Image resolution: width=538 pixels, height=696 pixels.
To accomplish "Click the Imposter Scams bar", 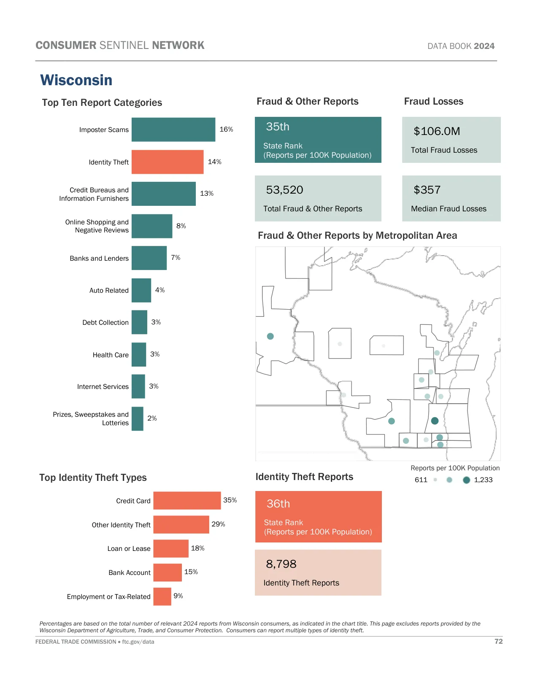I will click(x=173, y=129).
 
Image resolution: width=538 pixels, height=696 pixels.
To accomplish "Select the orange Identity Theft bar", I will click(x=167, y=162).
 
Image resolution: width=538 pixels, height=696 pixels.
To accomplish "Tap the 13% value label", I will click(x=207, y=194).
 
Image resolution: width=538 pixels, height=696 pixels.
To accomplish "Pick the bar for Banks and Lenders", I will click(x=149, y=258).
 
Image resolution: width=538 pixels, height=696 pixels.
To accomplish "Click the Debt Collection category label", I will click(x=105, y=323).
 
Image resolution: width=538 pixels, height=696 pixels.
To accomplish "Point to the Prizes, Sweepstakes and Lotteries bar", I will click(x=137, y=418).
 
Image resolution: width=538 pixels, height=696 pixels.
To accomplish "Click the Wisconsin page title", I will click(x=76, y=80).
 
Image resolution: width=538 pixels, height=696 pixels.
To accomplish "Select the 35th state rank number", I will click(x=278, y=127).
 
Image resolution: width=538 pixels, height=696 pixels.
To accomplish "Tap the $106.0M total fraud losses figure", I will click(x=437, y=131).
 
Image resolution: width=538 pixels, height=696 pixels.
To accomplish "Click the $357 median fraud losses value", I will click(x=427, y=190).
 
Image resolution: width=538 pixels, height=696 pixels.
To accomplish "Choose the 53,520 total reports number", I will click(x=284, y=190).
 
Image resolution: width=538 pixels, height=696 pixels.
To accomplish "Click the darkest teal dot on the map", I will click(x=435, y=421).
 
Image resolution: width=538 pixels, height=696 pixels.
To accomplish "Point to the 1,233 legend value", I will click(x=483, y=480).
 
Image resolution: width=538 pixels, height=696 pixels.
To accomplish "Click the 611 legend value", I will click(x=421, y=480).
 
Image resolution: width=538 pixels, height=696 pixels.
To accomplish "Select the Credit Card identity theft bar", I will click(x=187, y=501).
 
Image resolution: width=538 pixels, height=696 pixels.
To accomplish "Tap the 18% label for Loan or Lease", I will click(x=197, y=548).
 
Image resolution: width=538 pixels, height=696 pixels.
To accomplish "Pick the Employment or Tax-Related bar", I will click(x=162, y=596).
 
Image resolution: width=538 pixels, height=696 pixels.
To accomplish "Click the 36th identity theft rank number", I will click(x=278, y=504).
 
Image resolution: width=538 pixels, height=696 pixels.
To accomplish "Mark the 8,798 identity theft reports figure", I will click(x=281, y=564).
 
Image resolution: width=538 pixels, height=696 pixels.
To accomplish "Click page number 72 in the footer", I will click(x=498, y=642).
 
